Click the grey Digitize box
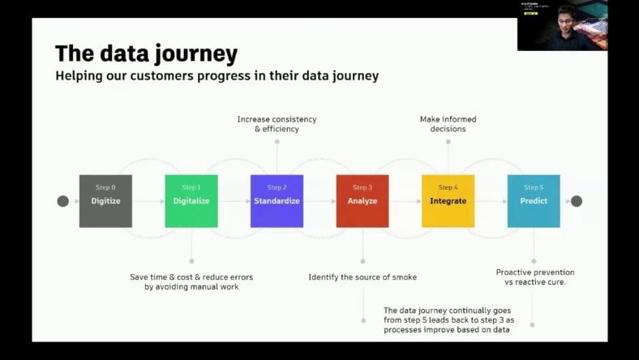click(105, 200)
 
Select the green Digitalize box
click(191, 200)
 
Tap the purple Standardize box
click(277, 200)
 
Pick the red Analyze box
click(362, 200)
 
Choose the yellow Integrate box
click(448, 200)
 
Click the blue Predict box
click(534, 200)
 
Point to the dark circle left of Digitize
click(63, 201)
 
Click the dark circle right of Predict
click(577, 201)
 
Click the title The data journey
click(146, 54)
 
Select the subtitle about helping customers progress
click(217, 76)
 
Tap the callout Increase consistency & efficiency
click(277, 124)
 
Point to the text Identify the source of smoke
click(362, 277)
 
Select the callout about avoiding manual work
click(191, 281)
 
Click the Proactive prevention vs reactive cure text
click(535, 277)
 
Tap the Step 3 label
click(362, 187)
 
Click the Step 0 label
click(105, 187)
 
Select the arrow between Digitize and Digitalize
click(148, 201)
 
